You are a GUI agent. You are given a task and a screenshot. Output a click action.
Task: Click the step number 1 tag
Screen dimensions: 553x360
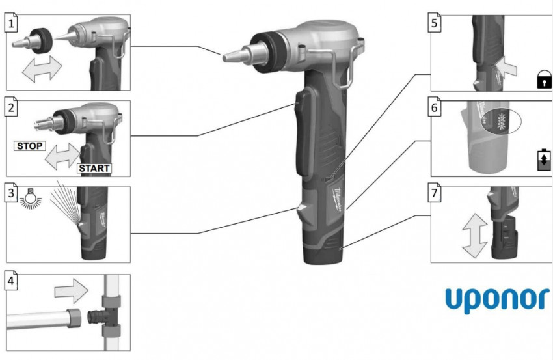pyautogui.click(x=11, y=23)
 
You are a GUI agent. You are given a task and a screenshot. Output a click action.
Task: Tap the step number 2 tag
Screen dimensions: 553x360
pyautogui.click(x=11, y=107)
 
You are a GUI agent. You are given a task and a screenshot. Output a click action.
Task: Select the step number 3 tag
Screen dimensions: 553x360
pyautogui.click(x=11, y=193)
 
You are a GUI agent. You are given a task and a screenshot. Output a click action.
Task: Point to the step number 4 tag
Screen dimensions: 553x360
pyautogui.click(x=11, y=281)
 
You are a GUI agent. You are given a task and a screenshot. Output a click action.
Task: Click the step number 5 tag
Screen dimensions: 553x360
pyautogui.click(x=434, y=23)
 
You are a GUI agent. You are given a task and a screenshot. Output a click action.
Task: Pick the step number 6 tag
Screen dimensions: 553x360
pyautogui.click(x=434, y=107)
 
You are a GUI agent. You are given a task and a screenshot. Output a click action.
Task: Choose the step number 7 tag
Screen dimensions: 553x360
pyautogui.click(x=434, y=193)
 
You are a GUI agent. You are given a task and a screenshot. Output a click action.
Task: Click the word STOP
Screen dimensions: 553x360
pyautogui.click(x=30, y=146)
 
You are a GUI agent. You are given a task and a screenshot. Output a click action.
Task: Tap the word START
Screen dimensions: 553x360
pyautogui.click(x=94, y=169)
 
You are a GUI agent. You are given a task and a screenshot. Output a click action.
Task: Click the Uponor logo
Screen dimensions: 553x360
pyautogui.click(x=497, y=300)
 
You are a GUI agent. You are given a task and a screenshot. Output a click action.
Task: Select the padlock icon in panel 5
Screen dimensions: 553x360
pyautogui.click(x=544, y=79)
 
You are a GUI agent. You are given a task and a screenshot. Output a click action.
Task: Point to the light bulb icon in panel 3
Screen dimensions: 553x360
pyautogui.click(x=30, y=198)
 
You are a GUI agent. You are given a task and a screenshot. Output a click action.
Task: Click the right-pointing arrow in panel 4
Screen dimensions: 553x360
pyautogui.click(x=72, y=291)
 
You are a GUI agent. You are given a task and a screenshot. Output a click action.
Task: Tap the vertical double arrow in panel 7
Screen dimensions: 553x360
pyautogui.click(x=475, y=236)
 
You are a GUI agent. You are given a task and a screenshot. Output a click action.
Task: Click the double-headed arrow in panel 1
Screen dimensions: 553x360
pyautogui.click(x=42, y=68)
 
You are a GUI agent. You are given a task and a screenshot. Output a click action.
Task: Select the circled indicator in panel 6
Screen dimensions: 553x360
pyautogui.click(x=501, y=121)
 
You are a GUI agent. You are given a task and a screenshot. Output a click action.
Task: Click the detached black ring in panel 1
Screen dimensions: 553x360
pyautogui.click(x=42, y=41)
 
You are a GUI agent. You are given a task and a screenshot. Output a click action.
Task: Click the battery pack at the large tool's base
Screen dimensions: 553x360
pyautogui.click(x=323, y=247)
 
